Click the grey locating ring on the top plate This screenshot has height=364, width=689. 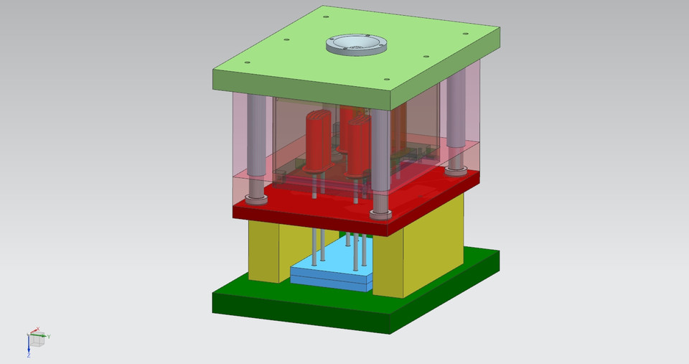pos(355,45)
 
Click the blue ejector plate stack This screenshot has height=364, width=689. pos(330,275)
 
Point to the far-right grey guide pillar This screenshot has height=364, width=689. pos(456,118)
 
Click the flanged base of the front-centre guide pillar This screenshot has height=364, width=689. pos(380,213)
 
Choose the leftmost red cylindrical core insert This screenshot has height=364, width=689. pos(317,140)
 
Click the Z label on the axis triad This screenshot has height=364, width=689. pos(28,355)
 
